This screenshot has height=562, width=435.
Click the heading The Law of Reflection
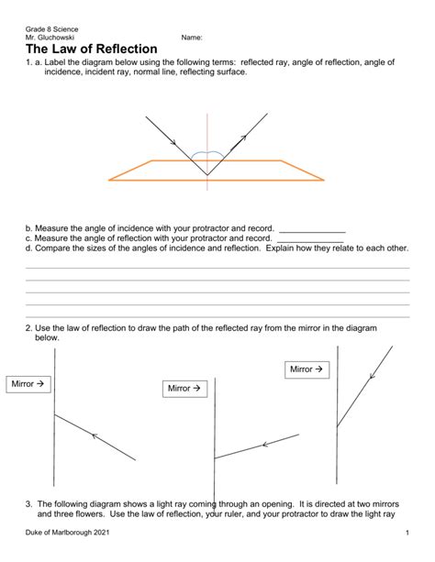92,49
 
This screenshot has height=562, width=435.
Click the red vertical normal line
207,128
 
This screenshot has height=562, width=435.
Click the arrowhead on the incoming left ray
173,142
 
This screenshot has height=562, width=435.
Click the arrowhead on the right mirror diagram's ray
371,376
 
